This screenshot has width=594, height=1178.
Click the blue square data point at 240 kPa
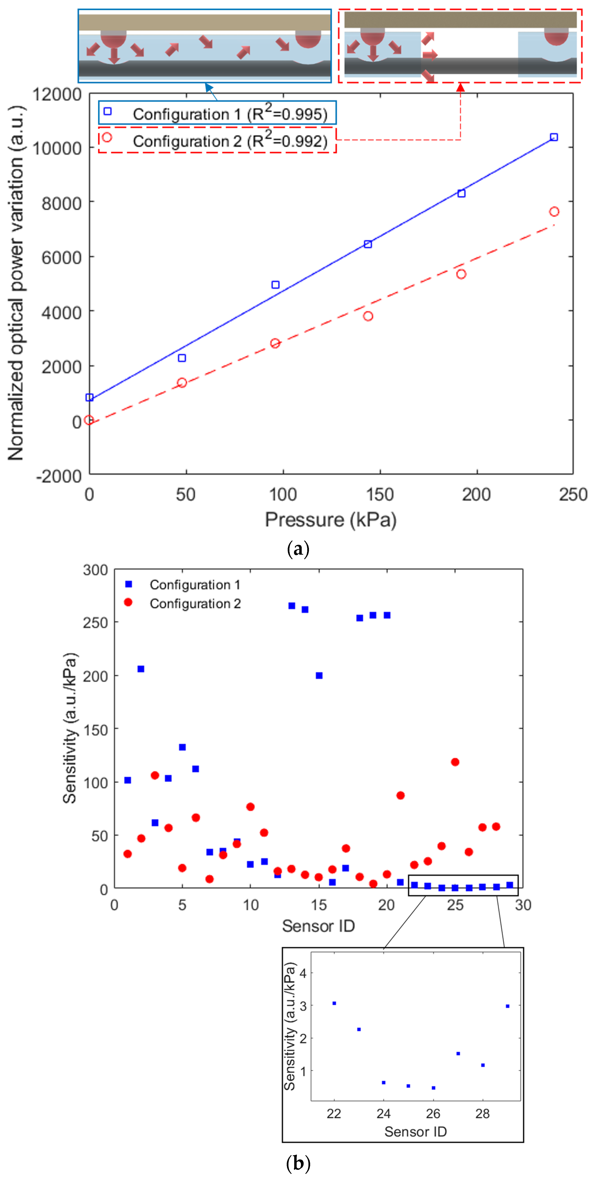[554, 137]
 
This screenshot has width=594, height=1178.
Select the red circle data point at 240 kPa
[554, 212]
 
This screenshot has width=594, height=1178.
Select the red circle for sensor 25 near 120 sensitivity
[455, 762]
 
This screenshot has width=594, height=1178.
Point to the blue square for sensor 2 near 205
[141, 669]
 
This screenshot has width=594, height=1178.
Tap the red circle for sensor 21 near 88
[400, 795]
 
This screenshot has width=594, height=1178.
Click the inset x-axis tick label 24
[383, 1113]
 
